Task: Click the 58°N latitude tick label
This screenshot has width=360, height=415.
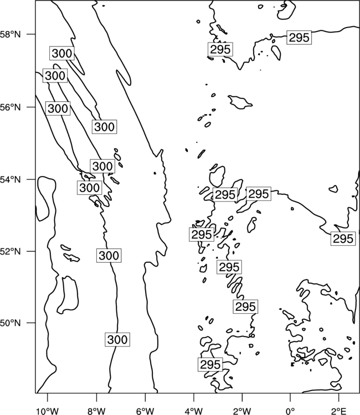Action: [x=11, y=34]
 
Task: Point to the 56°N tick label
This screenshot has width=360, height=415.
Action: [x=11, y=107]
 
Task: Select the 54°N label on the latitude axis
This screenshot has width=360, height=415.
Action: [x=11, y=179]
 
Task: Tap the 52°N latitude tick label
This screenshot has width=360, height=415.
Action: [x=11, y=251]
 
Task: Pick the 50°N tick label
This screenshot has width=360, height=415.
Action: [x=11, y=323]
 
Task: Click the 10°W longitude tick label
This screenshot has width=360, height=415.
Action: [x=48, y=411]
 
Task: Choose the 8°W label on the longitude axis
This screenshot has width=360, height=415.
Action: [x=96, y=411]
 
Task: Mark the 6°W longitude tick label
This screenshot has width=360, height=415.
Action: [x=145, y=411]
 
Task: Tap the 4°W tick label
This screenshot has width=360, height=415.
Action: [x=194, y=411]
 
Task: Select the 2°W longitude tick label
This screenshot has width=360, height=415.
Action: [x=242, y=411]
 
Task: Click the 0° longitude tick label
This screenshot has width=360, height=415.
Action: [x=290, y=411]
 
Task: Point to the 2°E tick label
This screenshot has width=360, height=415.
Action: [x=339, y=411]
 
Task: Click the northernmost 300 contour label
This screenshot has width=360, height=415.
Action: [x=61, y=53]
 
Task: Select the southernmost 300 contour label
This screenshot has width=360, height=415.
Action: [x=117, y=339]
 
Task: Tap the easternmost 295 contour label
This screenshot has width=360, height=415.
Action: [x=343, y=238]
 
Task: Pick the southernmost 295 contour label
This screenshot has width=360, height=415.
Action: [x=210, y=365]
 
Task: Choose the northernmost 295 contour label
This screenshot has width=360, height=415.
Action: [x=299, y=38]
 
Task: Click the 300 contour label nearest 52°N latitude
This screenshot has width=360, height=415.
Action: [x=109, y=256]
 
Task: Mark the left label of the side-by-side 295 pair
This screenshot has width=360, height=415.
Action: [x=225, y=195]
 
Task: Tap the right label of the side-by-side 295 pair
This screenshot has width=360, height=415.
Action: [x=259, y=194]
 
